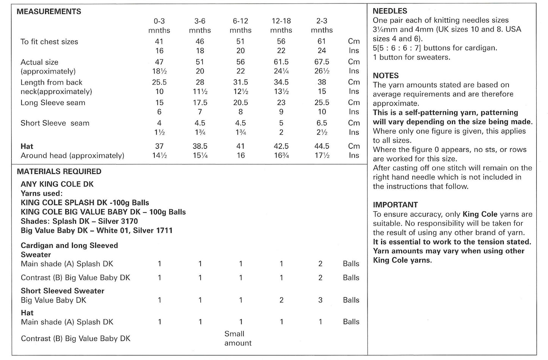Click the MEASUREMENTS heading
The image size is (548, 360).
pos(49,11)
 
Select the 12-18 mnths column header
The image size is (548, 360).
pos(281,25)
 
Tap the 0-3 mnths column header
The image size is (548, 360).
pos(159,25)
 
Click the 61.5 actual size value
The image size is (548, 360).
pos(281,62)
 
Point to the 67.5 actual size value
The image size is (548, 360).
pos(322,62)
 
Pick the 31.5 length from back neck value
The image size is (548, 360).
pos(240,82)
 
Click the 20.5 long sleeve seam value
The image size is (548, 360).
pos(240,103)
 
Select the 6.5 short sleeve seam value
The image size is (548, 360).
pos(322,123)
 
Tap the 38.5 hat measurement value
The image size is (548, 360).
pos(200,146)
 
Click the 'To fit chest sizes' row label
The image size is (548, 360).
pos(49,42)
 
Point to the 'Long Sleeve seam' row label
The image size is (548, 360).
pos(53,103)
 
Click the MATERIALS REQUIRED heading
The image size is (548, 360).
pos(59,171)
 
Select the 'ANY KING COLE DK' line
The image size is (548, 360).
pos(57,184)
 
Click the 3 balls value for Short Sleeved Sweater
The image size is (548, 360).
pos(320,300)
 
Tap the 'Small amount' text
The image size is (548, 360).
pos(238,338)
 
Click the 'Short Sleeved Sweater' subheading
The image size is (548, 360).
pos(63,291)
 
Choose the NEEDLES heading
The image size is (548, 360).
pos(390,11)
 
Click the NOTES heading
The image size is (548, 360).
pos(386,75)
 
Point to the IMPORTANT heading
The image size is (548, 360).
pos(395,205)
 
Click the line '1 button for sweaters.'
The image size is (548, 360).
pos(411,57)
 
